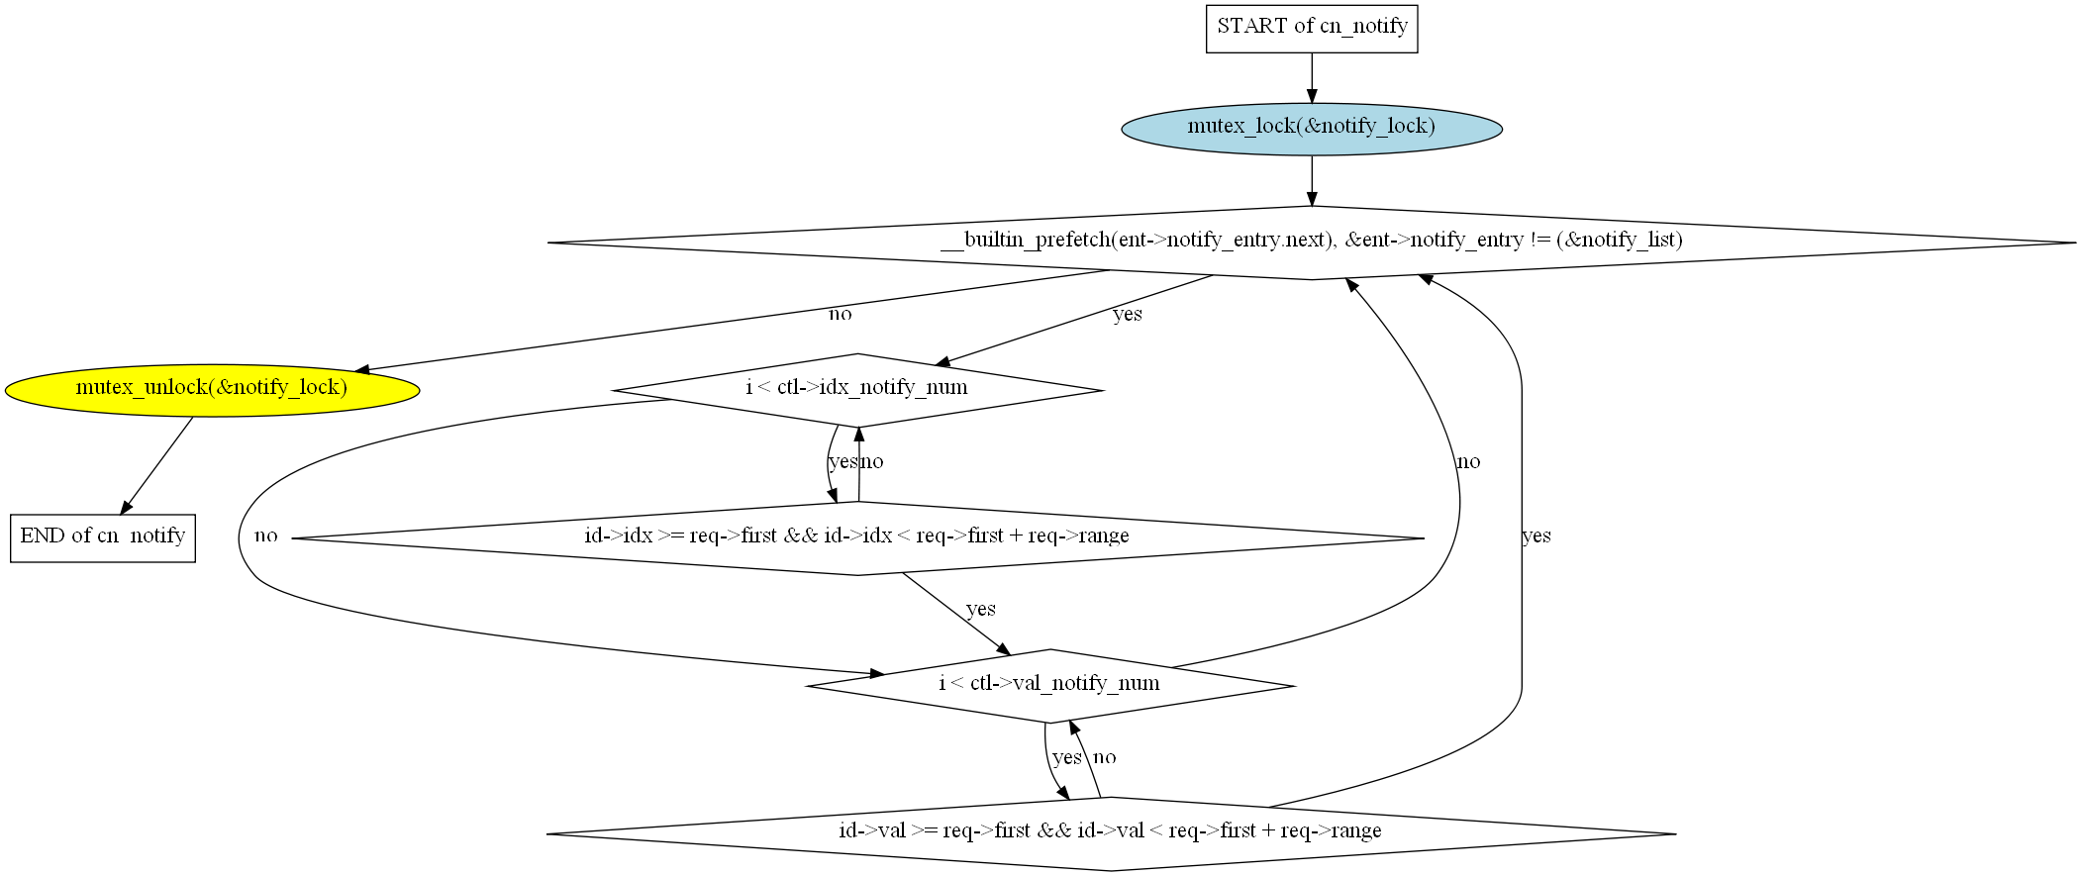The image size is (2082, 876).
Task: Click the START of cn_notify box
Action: pos(1311,28)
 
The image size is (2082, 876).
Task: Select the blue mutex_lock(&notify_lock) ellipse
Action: pos(1311,128)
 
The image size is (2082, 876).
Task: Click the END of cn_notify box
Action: pos(103,537)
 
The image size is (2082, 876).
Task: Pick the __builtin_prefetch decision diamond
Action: pos(1311,243)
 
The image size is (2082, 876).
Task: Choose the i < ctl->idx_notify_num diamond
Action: pos(857,389)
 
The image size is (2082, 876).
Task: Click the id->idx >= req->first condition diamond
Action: pos(857,537)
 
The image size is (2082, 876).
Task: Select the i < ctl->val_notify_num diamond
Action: pos(1050,685)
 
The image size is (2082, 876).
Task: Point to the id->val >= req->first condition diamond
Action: pos(1110,832)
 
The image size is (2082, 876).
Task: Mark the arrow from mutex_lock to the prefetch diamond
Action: pos(1312,180)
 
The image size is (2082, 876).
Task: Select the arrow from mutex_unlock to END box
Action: pos(156,465)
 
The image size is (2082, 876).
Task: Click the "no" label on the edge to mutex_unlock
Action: pos(840,315)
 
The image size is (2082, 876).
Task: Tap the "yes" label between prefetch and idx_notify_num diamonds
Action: pos(1127,315)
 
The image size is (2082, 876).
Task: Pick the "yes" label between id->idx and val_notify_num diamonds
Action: pos(980,610)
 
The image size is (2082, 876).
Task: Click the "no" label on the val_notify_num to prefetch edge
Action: pos(1468,462)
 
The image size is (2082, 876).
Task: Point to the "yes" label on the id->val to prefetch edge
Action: pos(1536,536)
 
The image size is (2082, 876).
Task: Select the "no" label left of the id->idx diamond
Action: pos(265,536)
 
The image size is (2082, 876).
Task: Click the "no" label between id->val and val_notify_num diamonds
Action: pos(1105,758)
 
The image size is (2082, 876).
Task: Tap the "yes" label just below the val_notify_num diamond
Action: pos(1066,758)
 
